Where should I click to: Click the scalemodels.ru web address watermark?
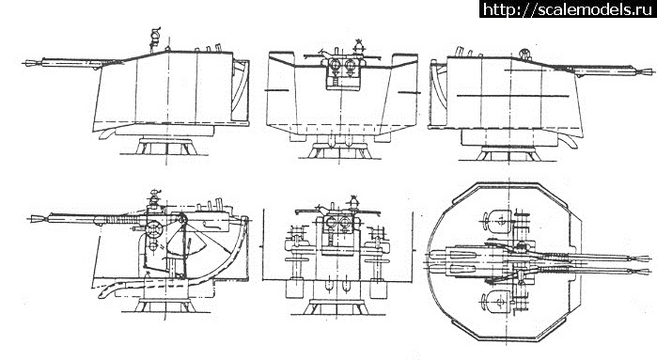[568, 8]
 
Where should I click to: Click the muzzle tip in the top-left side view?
[23, 63]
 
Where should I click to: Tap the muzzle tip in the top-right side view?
[653, 71]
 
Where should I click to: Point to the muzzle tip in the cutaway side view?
[28, 218]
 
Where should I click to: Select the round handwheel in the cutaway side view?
[152, 228]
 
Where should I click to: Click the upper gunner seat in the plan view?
[498, 219]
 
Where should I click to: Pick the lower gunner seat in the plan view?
[497, 302]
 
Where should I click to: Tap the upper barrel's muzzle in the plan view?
[648, 258]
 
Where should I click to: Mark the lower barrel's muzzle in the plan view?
[648, 273]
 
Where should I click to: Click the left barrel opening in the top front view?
[335, 65]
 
